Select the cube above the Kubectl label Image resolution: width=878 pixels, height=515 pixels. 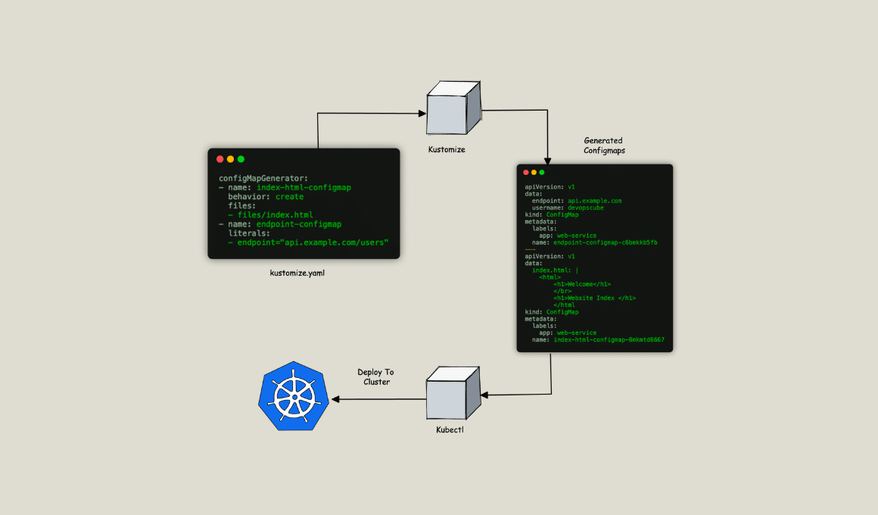click(x=452, y=392)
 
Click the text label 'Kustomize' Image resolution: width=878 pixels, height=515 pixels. click(x=446, y=150)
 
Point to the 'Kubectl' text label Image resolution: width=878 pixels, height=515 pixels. click(x=450, y=431)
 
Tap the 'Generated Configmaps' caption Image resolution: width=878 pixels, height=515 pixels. click(x=603, y=145)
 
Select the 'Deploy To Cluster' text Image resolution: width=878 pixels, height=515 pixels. click(x=376, y=376)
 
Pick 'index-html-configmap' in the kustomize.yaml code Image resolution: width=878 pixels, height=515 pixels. click(x=304, y=187)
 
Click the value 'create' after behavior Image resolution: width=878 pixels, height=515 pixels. click(x=289, y=196)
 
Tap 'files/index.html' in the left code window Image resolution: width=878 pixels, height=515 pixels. click(x=275, y=215)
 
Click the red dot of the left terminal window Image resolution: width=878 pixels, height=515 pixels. click(x=220, y=159)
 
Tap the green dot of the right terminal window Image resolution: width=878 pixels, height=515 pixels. click(x=542, y=173)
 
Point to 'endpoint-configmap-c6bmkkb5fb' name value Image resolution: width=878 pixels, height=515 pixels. click(x=605, y=242)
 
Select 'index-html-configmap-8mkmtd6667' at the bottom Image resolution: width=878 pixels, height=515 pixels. click(x=609, y=340)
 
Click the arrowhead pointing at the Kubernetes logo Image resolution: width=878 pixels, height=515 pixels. click(x=332, y=398)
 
